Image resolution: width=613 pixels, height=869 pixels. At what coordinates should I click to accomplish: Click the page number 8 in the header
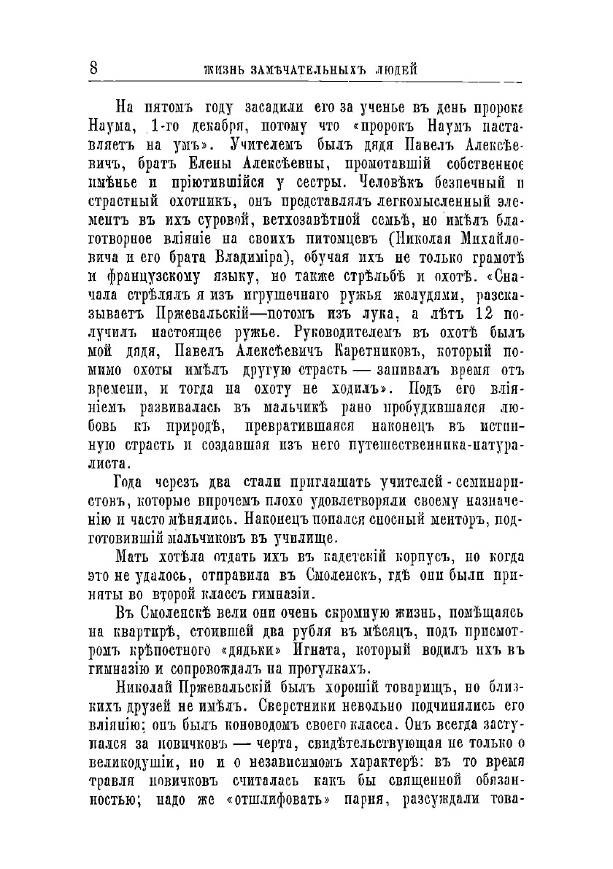click(93, 69)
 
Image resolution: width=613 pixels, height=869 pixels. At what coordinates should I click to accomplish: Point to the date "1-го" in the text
click(160, 124)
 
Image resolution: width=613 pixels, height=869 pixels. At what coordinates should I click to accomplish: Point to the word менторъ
click(459, 519)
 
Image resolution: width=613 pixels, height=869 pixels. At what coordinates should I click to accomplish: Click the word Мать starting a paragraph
click(133, 560)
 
